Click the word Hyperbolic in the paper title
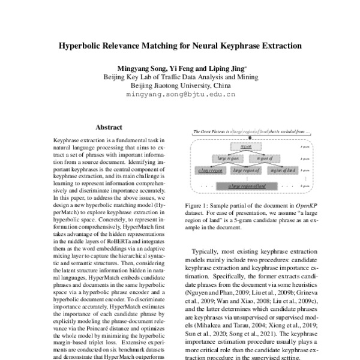(81, 45)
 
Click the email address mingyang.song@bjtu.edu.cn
(179, 95)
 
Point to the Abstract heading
(109, 127)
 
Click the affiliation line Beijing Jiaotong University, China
(179, 86)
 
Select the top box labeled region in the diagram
(245, 146)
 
